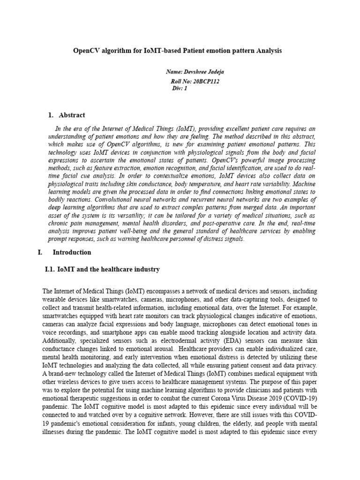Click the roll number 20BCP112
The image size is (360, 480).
coord(206,81)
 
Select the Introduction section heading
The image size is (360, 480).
coord(72,252)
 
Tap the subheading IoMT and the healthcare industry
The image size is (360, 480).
coord(108,270)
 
